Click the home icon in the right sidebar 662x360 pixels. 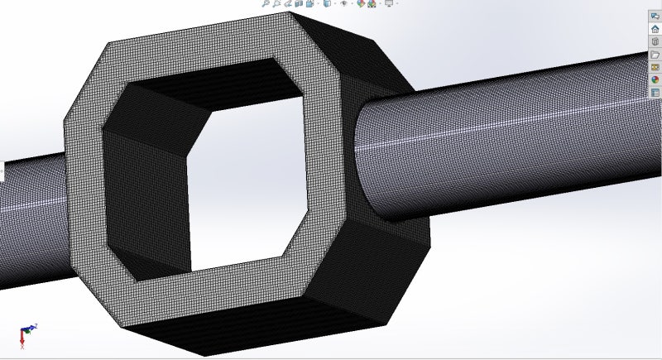[x=655, y=29]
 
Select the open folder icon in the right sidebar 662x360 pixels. [x=655, y=55]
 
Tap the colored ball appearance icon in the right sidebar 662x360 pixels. [x=655, y=80]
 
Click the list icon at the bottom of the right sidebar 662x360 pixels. [x=655, y=93]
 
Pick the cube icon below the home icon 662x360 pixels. [x=655, y=41]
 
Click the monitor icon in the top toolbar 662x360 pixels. [x=388, y=3]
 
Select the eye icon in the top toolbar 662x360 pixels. [x=344, y=3]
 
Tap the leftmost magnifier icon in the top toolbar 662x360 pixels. [x=266, y=3]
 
